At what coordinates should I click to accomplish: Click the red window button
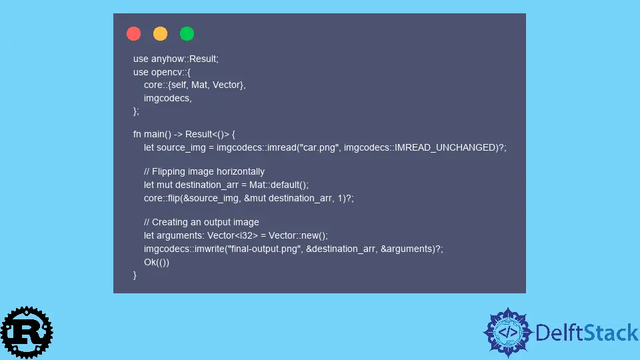[133, 33]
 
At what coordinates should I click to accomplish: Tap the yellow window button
[160, 33]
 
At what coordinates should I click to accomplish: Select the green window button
[187, 33]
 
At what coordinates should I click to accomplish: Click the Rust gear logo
[27, 333]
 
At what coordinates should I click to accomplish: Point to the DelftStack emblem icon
[508, 333]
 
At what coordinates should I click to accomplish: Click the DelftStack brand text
[587, 333]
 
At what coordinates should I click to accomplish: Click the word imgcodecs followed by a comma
[168, 99]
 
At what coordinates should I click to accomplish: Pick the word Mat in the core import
[199, 85]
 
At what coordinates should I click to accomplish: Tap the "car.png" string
[319, 147]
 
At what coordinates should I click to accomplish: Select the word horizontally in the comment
[243, 172]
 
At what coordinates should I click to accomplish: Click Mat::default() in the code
[277, 185]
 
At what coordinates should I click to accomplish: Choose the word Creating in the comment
[169, 223]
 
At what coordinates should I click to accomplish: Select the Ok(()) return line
[156, 263]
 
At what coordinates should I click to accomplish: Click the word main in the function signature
[154, 134]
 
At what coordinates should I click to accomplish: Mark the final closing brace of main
[135, 275]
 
